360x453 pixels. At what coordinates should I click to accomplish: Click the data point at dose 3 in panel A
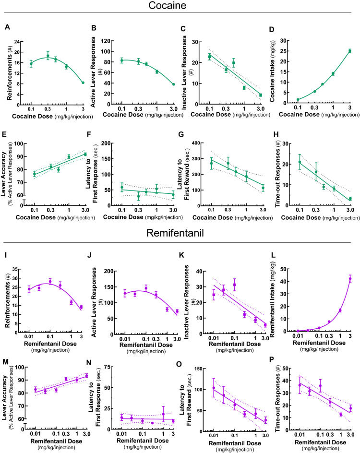[83, 83]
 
